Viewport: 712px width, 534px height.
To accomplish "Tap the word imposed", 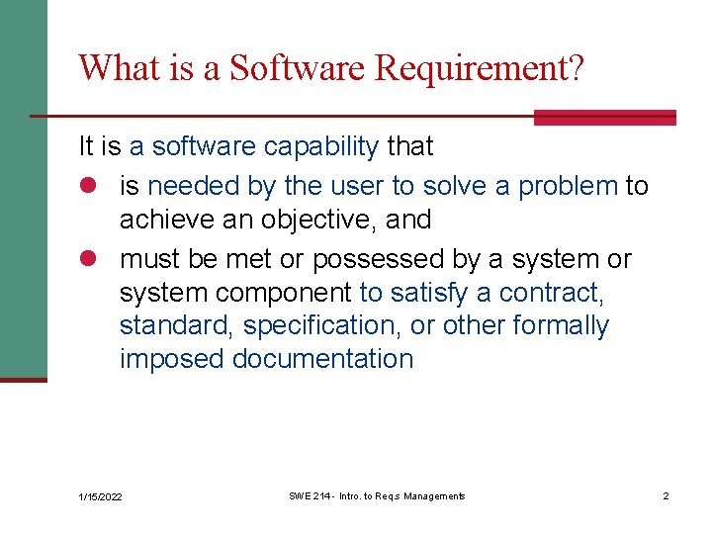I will click(172, 359).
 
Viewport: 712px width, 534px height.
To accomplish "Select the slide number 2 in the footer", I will click(666, 495).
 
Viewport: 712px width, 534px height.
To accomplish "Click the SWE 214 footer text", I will click(376, 495).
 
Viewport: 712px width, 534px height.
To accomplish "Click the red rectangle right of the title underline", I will click(604, 117).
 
